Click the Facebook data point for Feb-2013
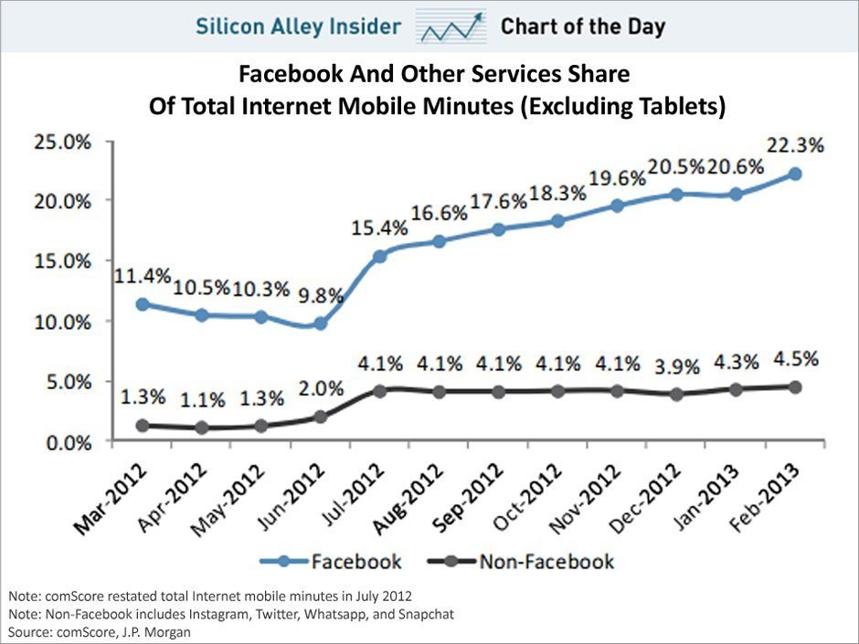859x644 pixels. [x=795, y=174]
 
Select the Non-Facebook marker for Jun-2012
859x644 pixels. [x=320, y=417]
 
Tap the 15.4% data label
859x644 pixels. [x=377, y=225]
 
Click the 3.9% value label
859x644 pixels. [x=678, y=367]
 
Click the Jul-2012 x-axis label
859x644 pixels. [x=361, y=492]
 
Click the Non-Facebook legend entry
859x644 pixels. [x=546, y=560]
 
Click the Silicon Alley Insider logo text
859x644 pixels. [x=298, y=26]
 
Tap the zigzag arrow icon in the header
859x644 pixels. [x=449, y=27]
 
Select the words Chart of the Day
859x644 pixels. [x=582, y=26]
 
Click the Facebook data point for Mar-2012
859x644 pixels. [x=142, y=304]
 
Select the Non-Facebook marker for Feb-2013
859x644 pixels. [x=795, y=387]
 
